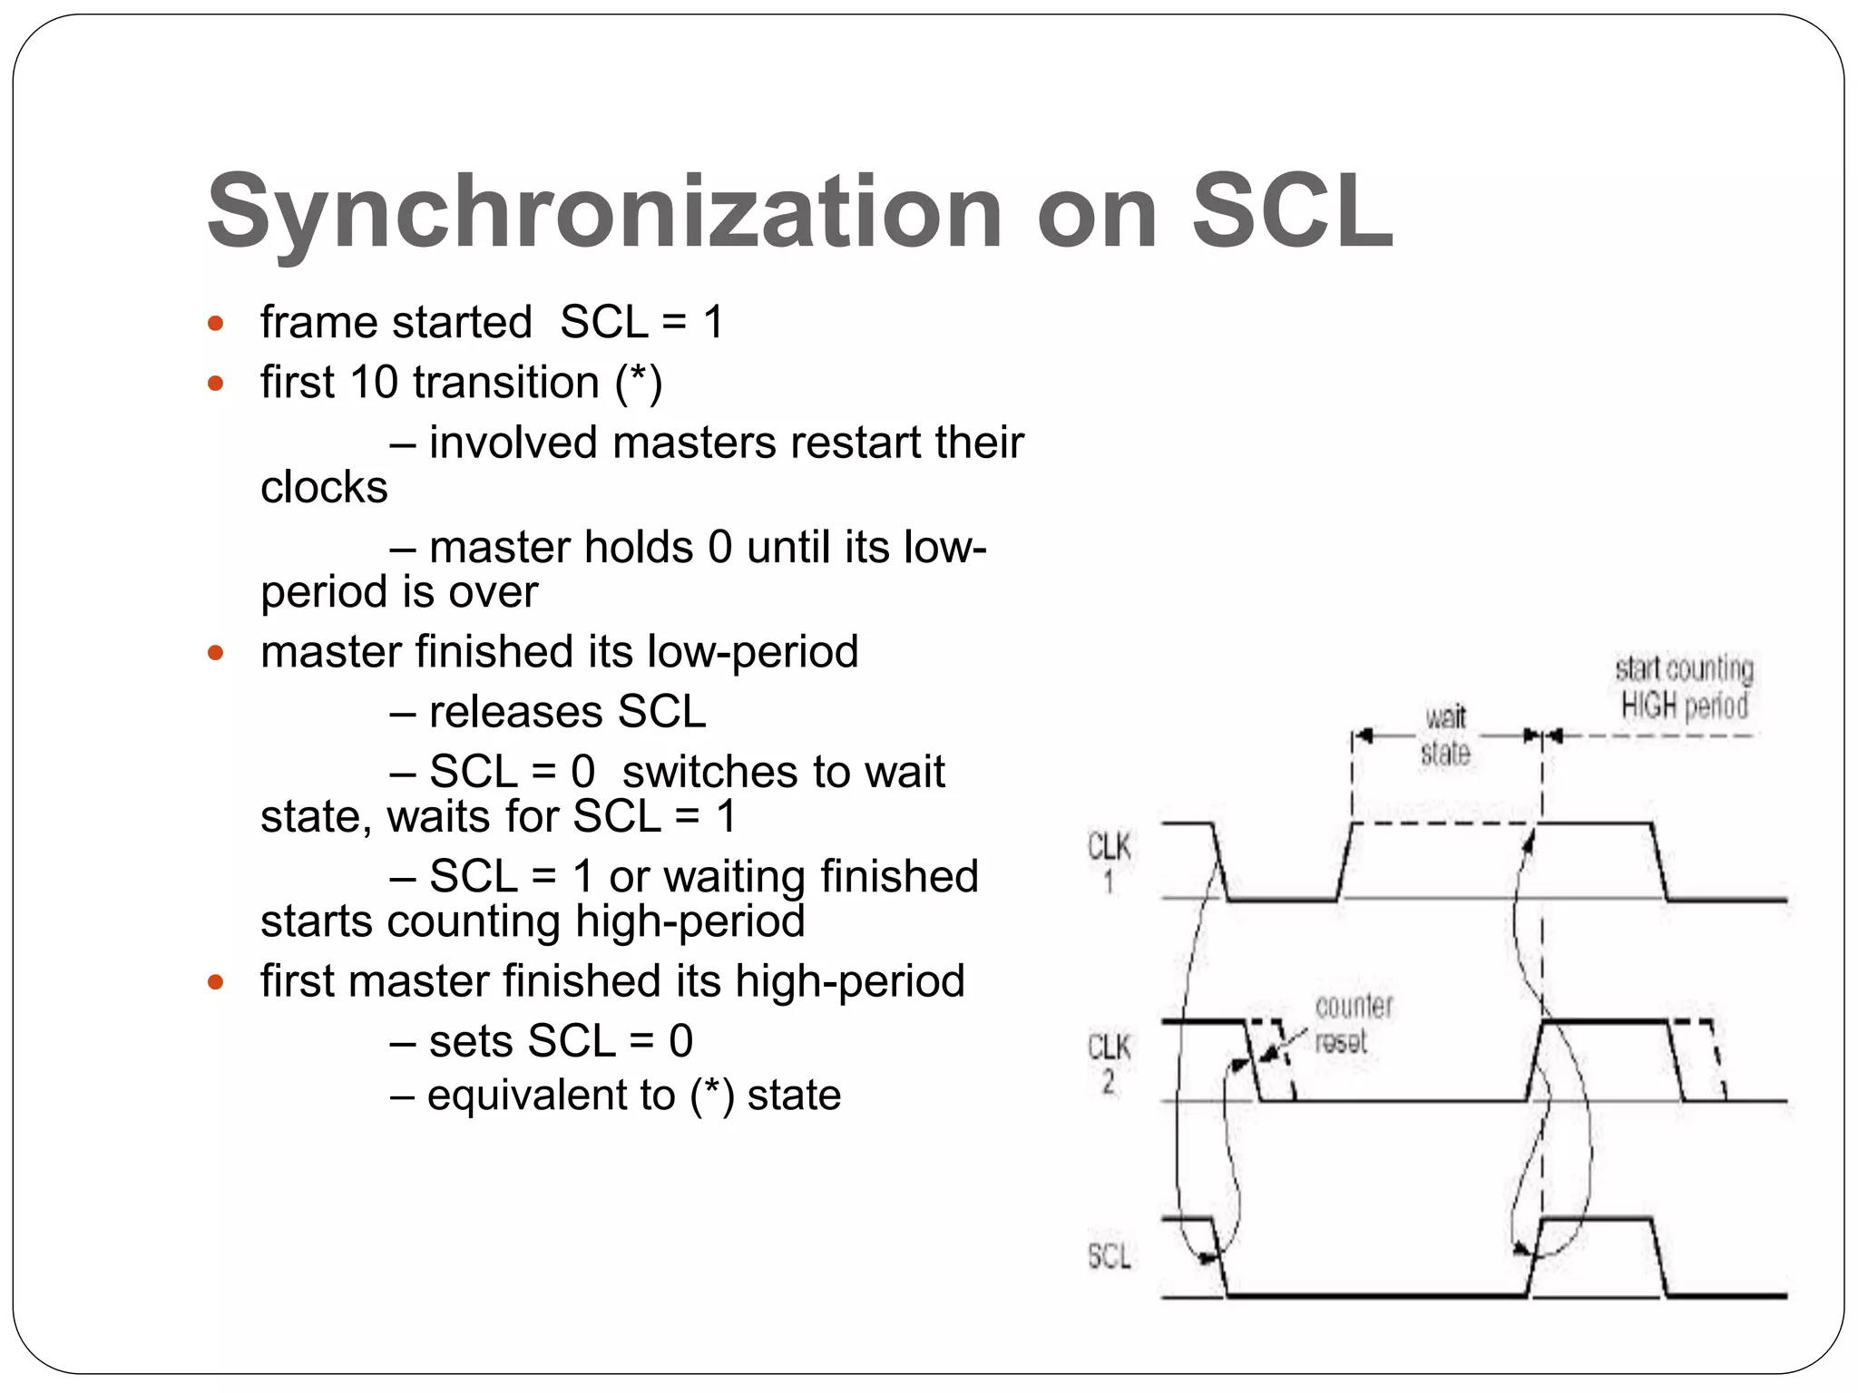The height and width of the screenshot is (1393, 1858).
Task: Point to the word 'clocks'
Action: [x=324, y=487]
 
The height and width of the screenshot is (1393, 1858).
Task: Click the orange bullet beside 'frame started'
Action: [x=215, y=323]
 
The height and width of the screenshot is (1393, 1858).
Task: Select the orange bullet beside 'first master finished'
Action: [x=215, y=981]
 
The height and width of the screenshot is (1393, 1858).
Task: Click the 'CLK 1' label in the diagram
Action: [x=1109, y=862]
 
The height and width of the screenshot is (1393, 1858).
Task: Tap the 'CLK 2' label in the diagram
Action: [x=1109, y=1063]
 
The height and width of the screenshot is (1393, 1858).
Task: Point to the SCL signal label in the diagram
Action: [x=1109, y=1256]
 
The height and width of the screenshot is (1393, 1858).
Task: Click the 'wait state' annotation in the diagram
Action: [x=1445, y=735]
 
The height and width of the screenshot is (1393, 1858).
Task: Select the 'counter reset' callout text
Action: [x=1353, y=1023]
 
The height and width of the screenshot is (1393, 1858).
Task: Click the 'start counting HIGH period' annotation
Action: [x=1684, y=687]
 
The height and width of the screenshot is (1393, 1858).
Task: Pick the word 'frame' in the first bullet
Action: [x=305, y=323]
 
